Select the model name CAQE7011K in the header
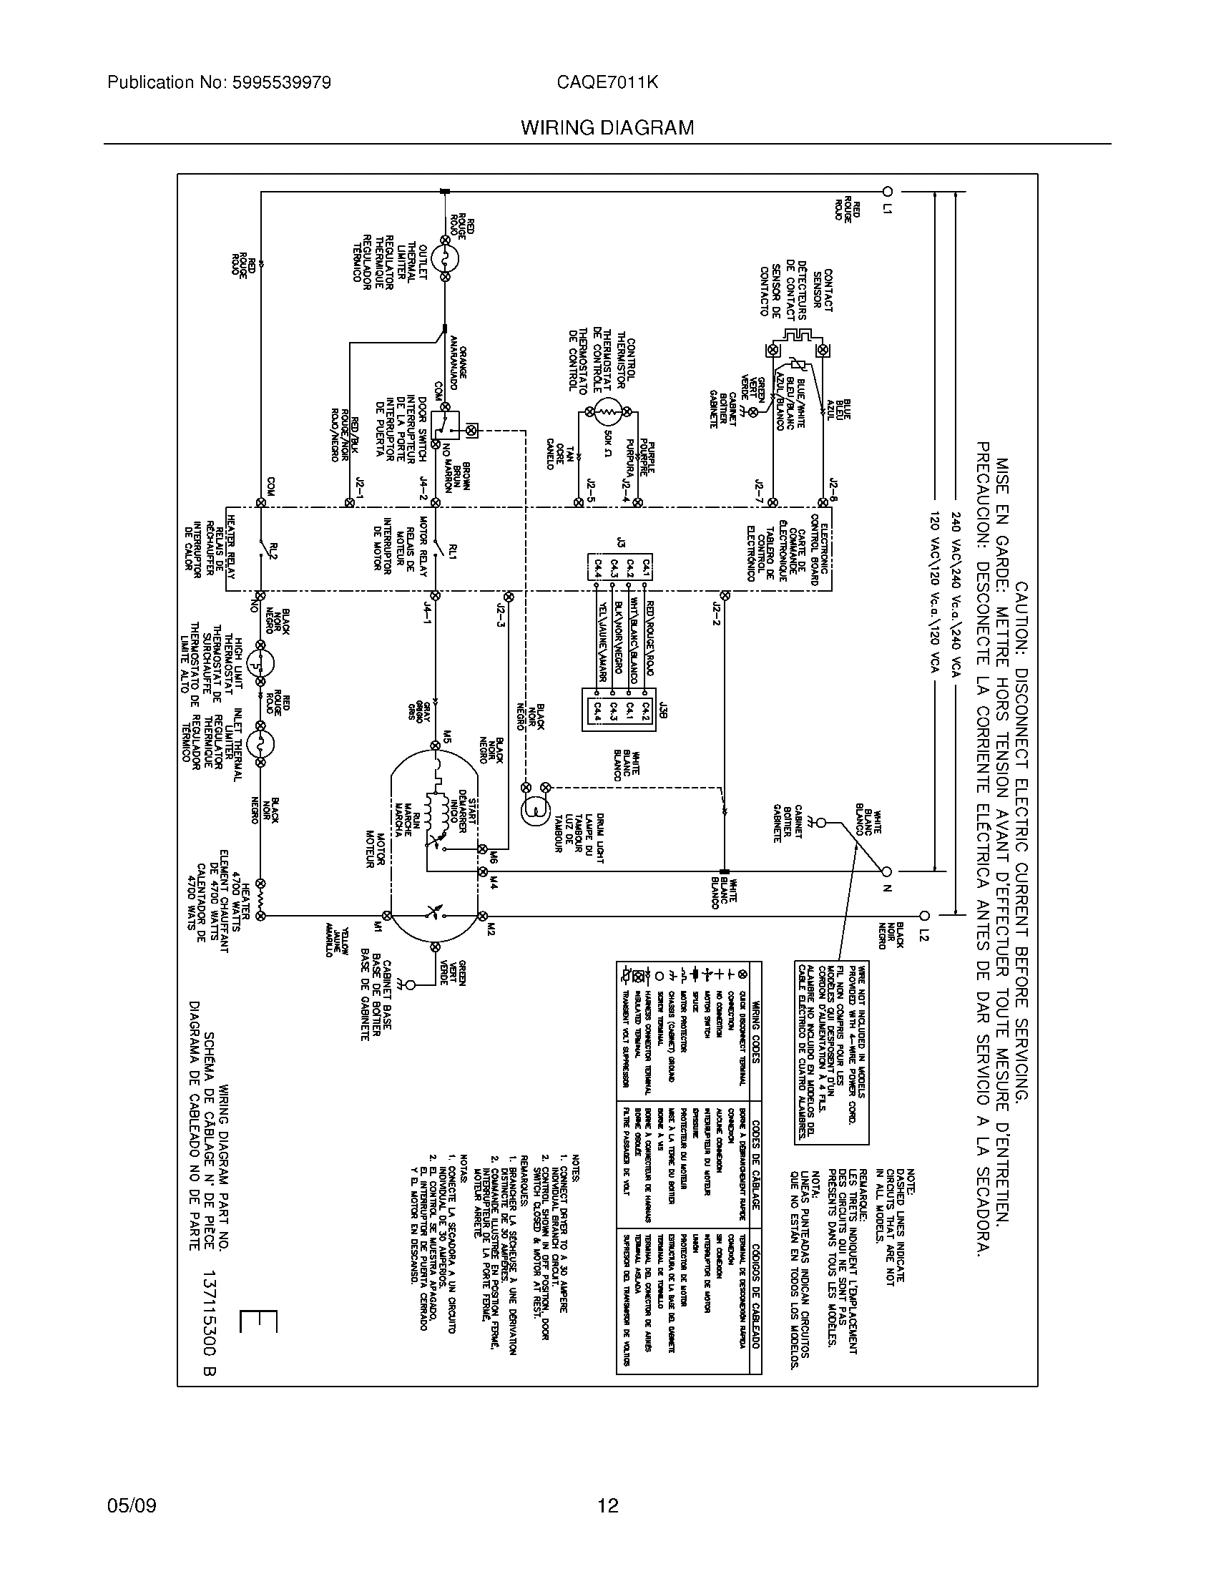(x=607, y=83)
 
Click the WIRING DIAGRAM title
(x=607, y=128)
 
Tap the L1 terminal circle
(x=888, y=192)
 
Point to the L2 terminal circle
(x=925, y=916)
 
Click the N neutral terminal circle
(x=888, y=871)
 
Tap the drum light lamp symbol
(x=535, y=808)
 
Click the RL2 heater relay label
(x=273, y=552)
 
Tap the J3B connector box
(x=619, y=710)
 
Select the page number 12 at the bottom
(x=607, y=1505)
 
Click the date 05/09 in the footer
(x=131, y=1505)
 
